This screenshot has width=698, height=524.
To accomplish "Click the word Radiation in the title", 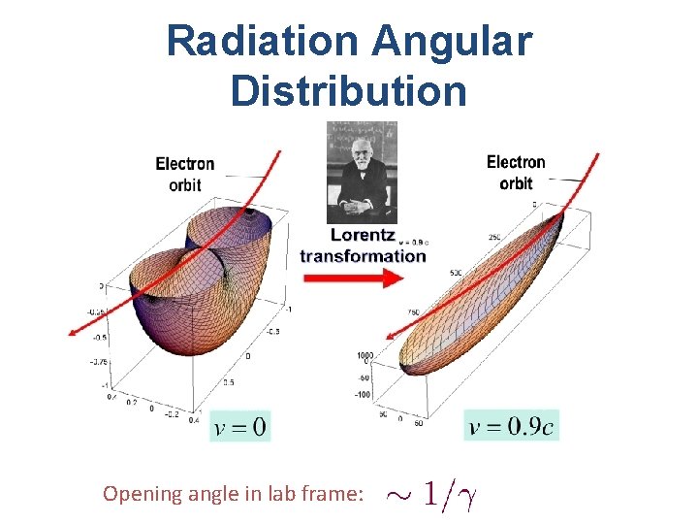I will click(x=261, y=43).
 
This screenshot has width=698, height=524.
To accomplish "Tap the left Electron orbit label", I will click(x=184, y=174).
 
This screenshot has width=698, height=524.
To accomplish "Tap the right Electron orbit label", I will click(x=516, y=172).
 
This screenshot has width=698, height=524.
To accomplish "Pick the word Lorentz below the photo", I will click(x=363, y=235).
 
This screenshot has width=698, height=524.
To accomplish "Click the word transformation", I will click(x=363, y=256).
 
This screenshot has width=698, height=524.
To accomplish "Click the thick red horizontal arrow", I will click(x=352, y=278).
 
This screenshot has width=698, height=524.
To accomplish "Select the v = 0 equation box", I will click(x=239, y=426).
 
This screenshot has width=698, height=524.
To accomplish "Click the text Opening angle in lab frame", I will click(x=233, y=494).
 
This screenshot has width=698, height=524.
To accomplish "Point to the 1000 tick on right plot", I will click(x=365, y=355).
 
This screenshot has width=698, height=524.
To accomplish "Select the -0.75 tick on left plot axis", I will click(x=98, y=362).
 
